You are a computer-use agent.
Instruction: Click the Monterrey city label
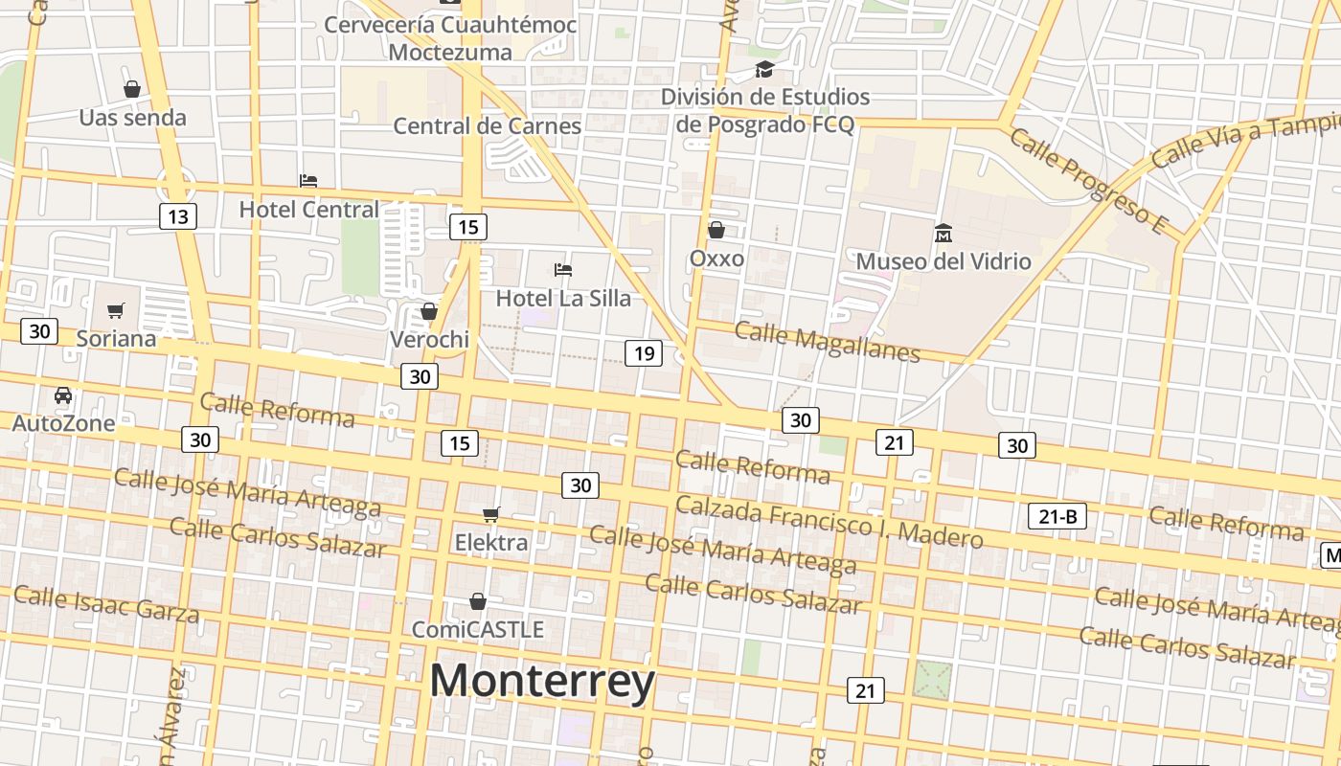(x=542, y=681)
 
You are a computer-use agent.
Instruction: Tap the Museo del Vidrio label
(x=943, y=261)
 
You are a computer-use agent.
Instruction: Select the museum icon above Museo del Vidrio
(x=943, y=233)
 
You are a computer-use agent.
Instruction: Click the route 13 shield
(x=178, y=216)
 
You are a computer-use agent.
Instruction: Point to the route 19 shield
(x=644, y=353)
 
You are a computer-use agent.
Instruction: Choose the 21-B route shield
(x=1057, y=517)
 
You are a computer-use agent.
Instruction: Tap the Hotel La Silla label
(x=563, y=298)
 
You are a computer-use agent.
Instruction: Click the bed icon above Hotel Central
(x=308, y=180)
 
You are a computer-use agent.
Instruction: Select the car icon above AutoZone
(x=63, y=395)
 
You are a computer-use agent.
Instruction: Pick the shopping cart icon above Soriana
(x=116, y=310)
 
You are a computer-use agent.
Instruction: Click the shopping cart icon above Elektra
(x=491, y=515)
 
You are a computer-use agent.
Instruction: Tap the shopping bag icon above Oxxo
(x=716, y=230)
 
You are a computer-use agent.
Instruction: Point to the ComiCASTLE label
(x=478, y=629)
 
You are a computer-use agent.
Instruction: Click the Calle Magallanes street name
(x=827, y=343)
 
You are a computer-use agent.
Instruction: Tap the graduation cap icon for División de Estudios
(x=764, y=69)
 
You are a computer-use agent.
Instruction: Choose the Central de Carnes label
(x=488, y=125)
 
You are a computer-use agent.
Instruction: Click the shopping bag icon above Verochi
(x=429, y=311)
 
